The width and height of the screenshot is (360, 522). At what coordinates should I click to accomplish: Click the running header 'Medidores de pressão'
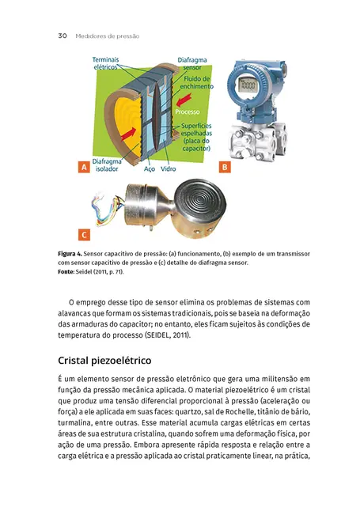click(x=107, y=36)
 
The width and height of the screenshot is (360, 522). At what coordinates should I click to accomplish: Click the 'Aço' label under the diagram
click(x=149, y=169)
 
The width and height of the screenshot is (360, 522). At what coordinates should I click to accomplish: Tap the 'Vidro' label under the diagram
click(x=169, y=169)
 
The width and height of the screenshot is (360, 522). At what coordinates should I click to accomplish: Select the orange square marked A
click(x=82, y=168)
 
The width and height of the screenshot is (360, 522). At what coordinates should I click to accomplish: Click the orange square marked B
click(x=224, y=168)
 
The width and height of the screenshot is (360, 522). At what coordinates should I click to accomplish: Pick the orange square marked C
click(x=82, y=235)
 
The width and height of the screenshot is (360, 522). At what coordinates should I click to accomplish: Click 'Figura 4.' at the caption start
click(x=73, y=253)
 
